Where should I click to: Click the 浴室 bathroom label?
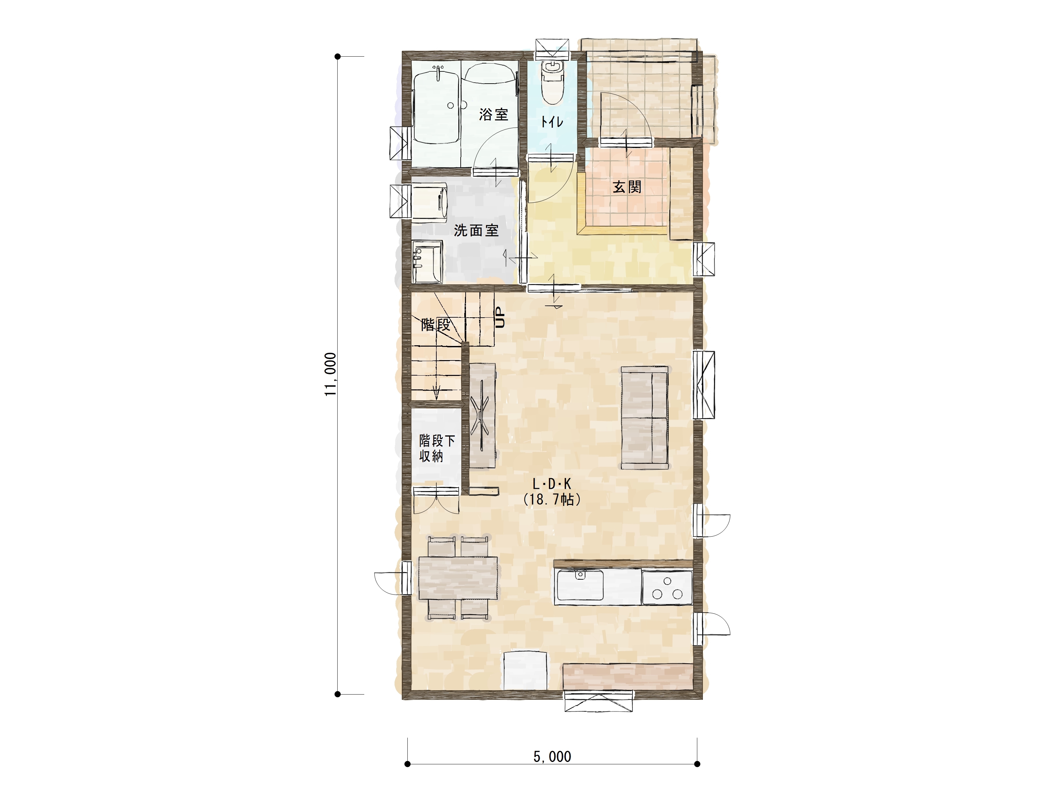(x=494, y=114)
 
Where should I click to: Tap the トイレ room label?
(x=552, y=122)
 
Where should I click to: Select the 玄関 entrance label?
(x=627, y=187)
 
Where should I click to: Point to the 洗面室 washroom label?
(x=476, y=230)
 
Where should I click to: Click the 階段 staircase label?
(x=436, y=325)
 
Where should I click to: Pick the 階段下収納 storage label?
(x=437, y=448)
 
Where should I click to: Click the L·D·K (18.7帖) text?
(x=552, y=492)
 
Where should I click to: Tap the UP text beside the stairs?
(x=500, y=317)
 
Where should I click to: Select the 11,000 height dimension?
(x=330, y=374)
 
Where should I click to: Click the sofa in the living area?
(x=645, y=418)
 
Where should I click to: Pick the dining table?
(x=458, y=578)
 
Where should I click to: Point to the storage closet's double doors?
(x=437, y=500)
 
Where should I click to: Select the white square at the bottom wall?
(x=526, y=671)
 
